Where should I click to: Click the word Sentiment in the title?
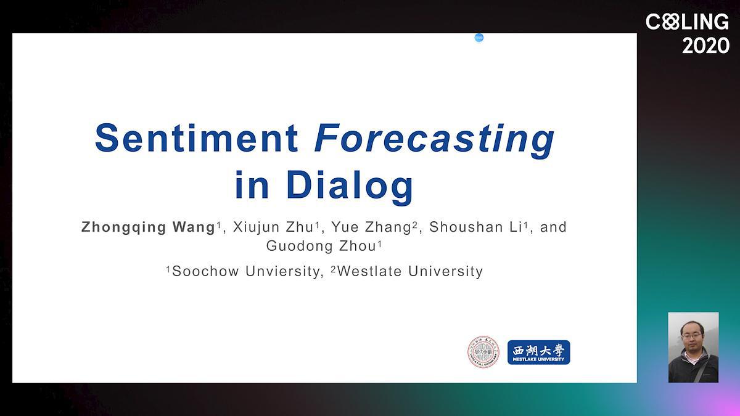pos(197,138)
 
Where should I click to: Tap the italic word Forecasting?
pos(434,141)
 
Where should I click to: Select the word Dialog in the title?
pos(350,185)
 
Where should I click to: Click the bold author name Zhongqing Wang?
pos(149,228)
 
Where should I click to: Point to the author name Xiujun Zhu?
pos(273,227)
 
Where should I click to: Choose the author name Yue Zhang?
pos(371,228)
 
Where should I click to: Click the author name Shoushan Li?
pos(475,227)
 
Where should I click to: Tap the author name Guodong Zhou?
pos(321,247)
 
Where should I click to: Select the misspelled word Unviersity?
pos(282,272)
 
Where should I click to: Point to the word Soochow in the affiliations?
pos(205,271)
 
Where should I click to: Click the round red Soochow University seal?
pos(483,352)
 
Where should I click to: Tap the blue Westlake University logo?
pos(539,353)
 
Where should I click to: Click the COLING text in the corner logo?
pos(687,22)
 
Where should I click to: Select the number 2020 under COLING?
pos(705,46)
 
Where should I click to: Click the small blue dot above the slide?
pos(479,38)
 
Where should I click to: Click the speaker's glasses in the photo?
pos(692,336)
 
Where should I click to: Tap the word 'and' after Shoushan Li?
pos(553,227)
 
